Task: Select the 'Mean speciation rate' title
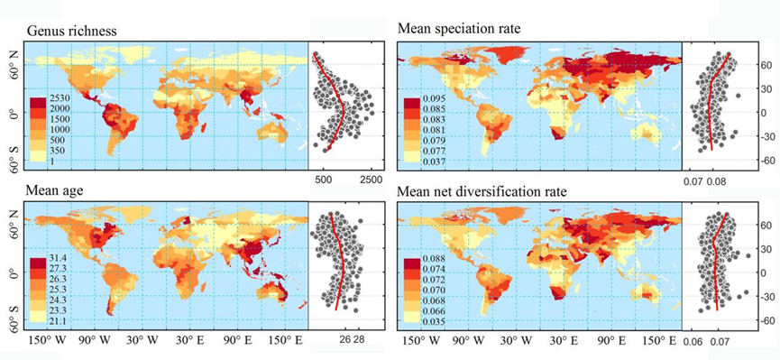(x=459, y=29)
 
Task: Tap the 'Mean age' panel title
(x=53, y=191)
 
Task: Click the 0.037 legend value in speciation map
(x=434, y=162)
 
